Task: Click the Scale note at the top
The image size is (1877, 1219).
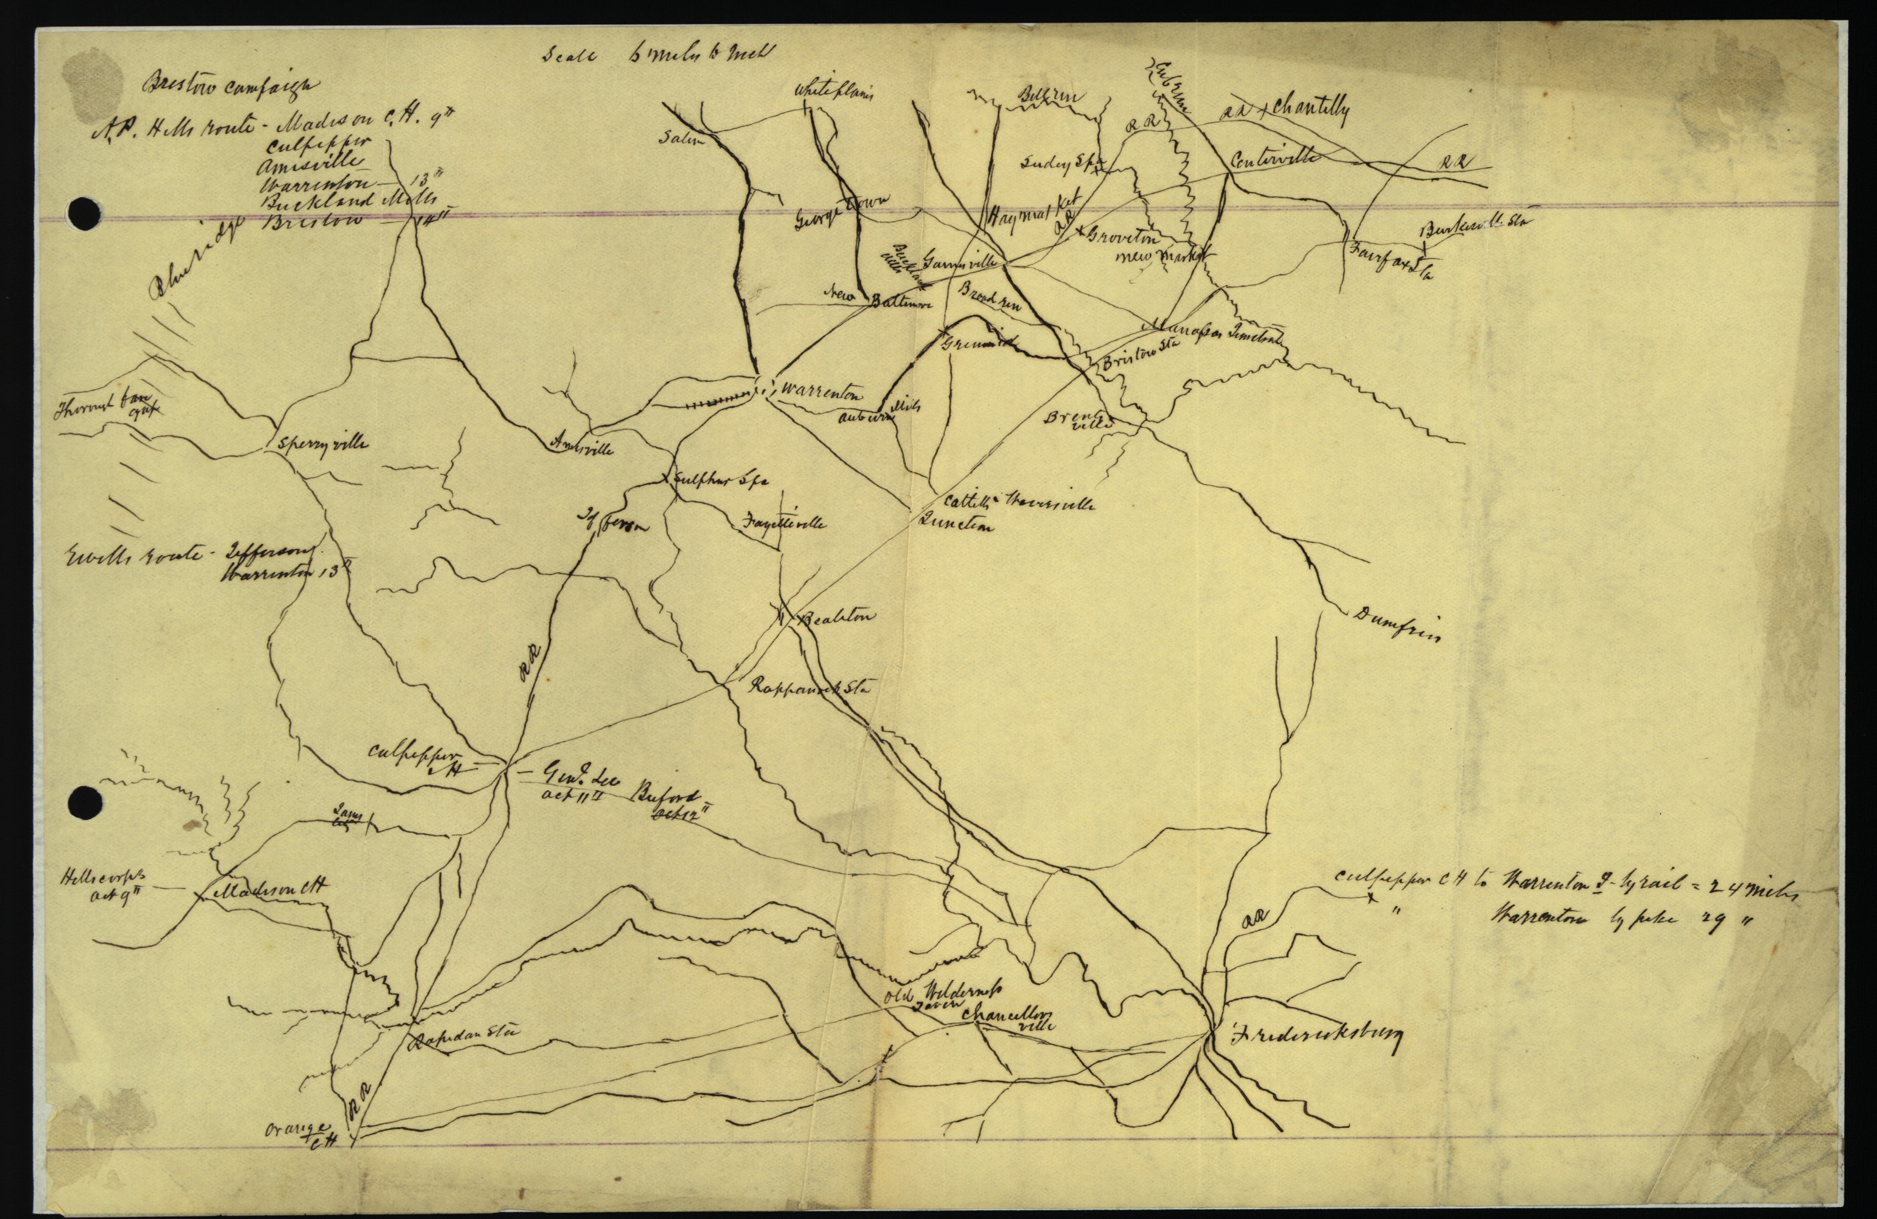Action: [659, 54]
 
